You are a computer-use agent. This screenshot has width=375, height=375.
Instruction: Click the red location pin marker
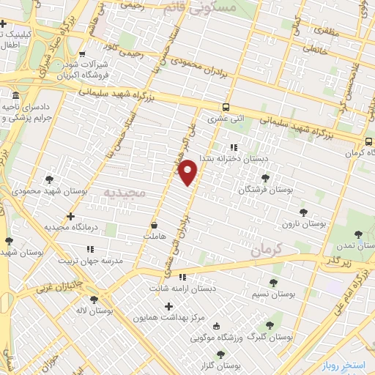[x=188, y=171]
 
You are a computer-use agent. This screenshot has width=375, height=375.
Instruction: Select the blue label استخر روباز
[x=348, y=364]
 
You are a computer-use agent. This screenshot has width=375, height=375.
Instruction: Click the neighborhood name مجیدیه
[x=125, y=193]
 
